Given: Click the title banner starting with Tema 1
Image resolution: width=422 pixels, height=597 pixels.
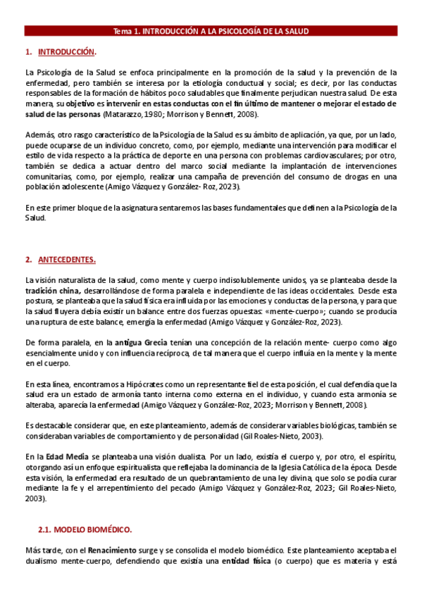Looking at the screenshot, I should pyautogui.click(x=211, y=31).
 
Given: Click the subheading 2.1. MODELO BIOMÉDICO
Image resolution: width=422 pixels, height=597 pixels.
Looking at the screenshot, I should pyautogui.click(x=92, y=528).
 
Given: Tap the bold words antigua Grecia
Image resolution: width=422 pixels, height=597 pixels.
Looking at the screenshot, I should pyautogui.click(x=148, y=342).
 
